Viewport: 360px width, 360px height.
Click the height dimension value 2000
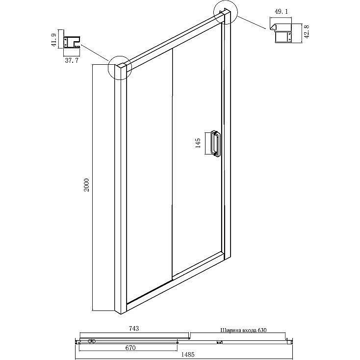[x=86, y=185]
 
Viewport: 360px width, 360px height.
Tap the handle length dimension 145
[x=198, y=143]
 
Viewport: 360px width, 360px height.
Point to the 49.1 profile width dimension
[x=281, y=12]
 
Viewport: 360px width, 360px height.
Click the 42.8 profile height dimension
[x=307, y=31]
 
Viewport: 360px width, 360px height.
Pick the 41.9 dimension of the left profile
[x=54, y=40]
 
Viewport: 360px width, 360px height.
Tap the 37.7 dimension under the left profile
[x=72, y=61]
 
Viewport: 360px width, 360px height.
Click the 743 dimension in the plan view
[x=134, y=329]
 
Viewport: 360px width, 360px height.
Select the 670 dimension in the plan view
[x=130, y=348]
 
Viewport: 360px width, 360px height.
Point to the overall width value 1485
[x=187, y=355]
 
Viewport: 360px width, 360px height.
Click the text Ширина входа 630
[x=243, y=331]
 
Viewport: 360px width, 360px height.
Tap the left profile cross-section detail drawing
[x=72, y=42]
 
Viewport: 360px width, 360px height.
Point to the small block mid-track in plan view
[x=220, y=342]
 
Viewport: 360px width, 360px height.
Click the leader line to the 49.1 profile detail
[x=251, y=22]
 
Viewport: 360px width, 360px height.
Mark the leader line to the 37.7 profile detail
[x=95, y=52]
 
